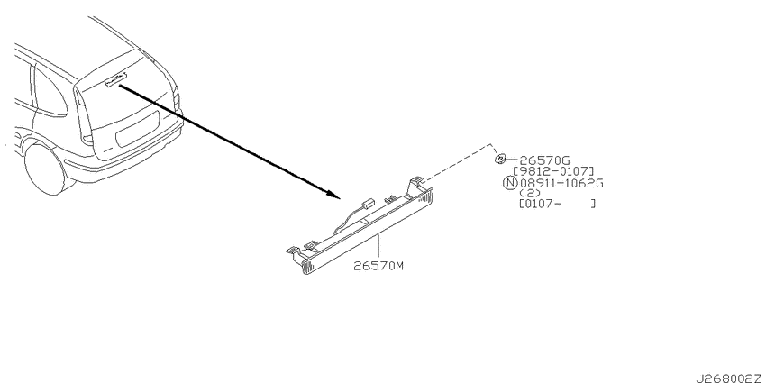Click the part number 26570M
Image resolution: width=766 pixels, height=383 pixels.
pos(379,266)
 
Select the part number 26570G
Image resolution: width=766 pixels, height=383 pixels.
pos(544,160)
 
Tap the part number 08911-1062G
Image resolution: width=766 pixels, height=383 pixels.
pos(561,184)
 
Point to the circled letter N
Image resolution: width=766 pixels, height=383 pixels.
pos(509,184)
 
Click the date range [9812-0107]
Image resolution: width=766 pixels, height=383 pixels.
pos(553,171)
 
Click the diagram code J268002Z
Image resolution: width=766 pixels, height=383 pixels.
pos(729,378)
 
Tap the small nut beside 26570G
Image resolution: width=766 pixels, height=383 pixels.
pos(500,160)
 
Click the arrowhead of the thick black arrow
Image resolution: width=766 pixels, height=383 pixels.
pos(334,195)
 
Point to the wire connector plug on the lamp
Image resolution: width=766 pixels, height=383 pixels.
pos(367,204)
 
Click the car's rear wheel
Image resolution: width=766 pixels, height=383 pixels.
pos(45,169)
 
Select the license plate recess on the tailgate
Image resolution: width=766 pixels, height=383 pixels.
pos(137,129)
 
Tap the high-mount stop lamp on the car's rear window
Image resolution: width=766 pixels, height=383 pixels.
pos(116,79)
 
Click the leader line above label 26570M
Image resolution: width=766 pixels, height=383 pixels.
pos(377,247)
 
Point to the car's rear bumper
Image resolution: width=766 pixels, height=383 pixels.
pos(123,156)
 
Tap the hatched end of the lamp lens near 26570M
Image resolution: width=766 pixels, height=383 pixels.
pos(307,267)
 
